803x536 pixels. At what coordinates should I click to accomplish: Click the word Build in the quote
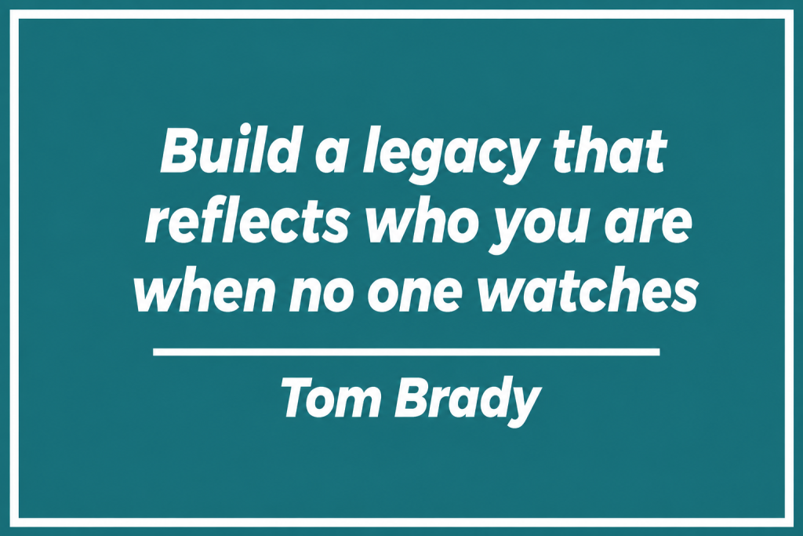pos(229,150)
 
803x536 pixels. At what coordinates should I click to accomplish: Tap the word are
pos(649,226)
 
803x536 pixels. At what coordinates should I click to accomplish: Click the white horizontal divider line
pos(406,352)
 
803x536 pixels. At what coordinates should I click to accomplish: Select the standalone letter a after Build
pos(329,156)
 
